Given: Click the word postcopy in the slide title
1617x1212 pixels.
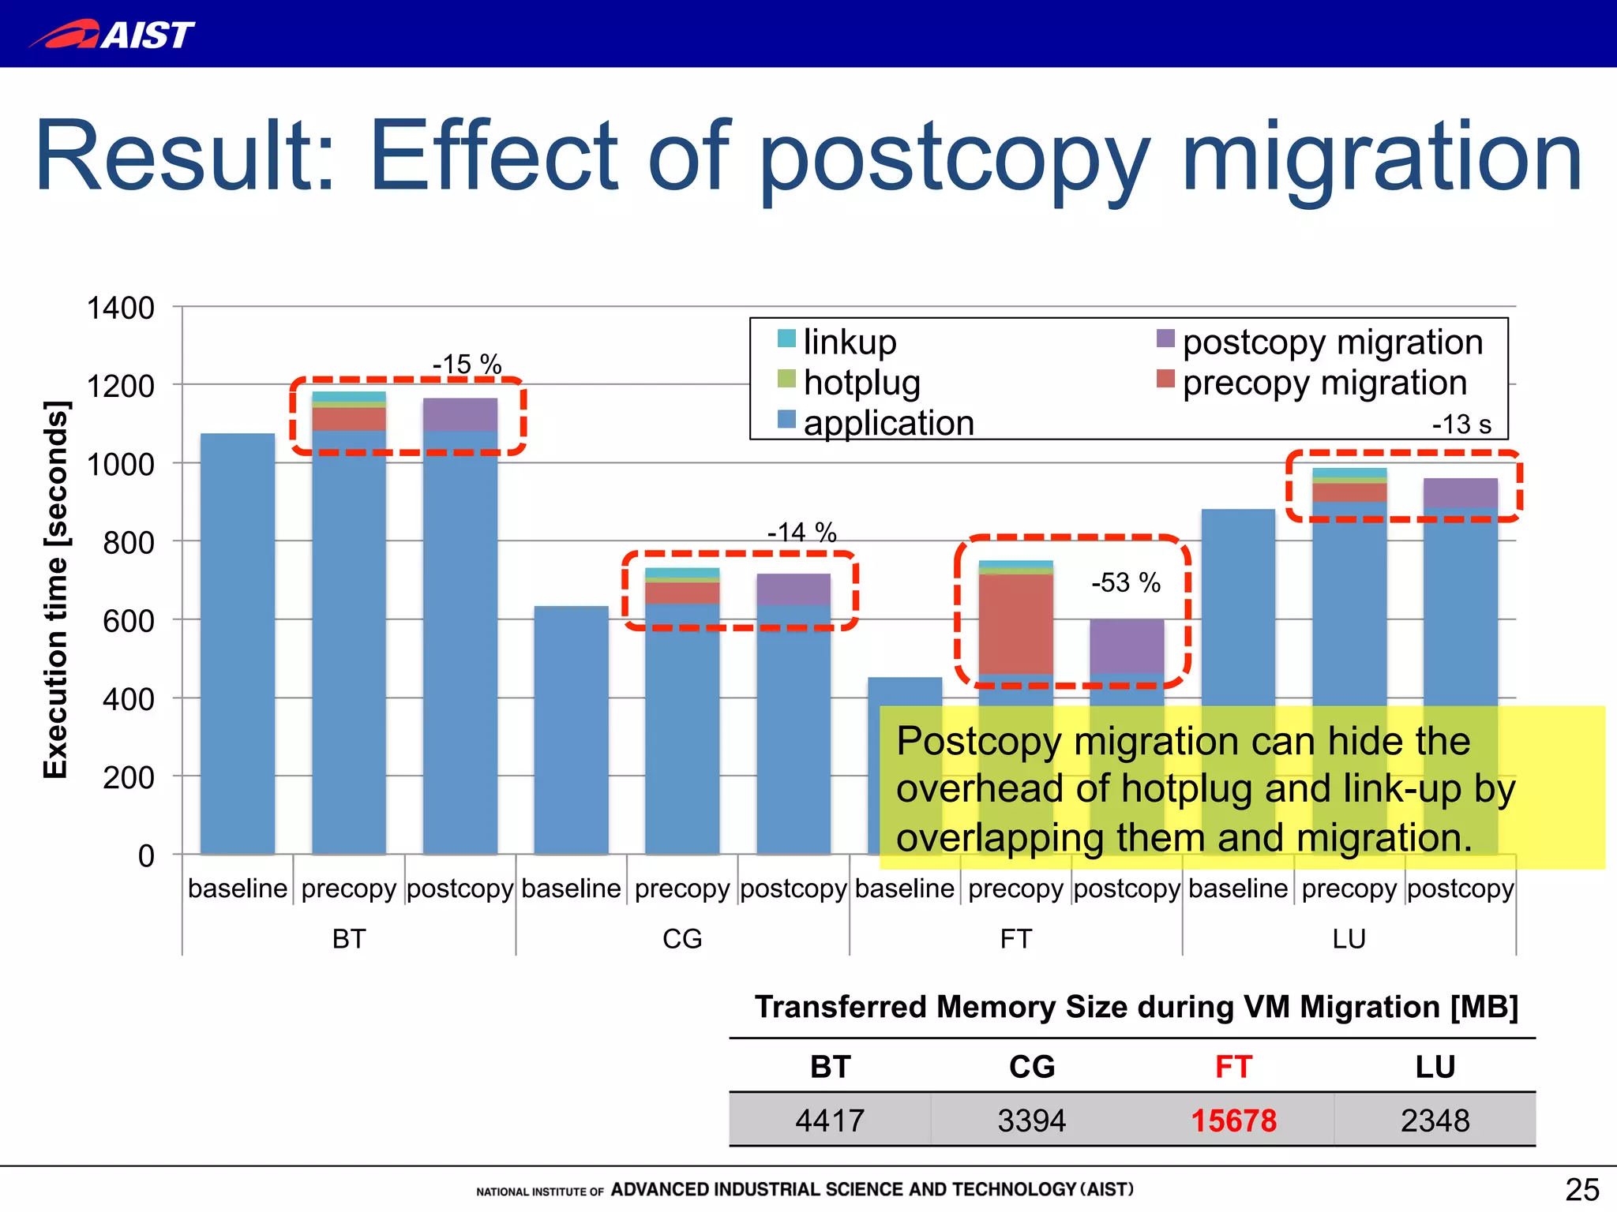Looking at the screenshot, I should [x=954, y=158].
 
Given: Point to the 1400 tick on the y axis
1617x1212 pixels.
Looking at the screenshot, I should [x=120, y=308].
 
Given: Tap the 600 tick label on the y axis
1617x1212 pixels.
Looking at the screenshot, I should [x=128, y=621].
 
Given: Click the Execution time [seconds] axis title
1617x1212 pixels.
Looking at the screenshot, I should [x=56, y=589].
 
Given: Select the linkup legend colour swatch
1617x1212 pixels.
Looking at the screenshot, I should [x=786, y=339].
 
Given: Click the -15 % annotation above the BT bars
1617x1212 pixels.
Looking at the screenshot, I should [x=467, y=364].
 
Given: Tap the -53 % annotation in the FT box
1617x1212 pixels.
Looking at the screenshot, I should [x=1125, y=582].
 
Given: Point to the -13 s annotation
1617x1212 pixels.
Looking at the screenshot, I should [x=1461, y=425].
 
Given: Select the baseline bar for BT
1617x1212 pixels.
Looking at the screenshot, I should [x=238, y=643].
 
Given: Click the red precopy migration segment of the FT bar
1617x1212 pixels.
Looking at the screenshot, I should [x=1015, y=623].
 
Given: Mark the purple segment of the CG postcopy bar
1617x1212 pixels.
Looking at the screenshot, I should [x=793, y=589].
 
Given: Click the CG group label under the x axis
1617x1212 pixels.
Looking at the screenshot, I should [x=682, y=938].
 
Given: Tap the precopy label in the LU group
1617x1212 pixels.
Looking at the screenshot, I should [x=1349, y=888].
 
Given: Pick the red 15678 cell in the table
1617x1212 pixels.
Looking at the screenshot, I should [x=1233, y=1120].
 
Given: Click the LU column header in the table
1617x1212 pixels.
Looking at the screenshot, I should [x=1435, y=1067].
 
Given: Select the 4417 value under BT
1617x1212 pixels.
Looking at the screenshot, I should [x=830, y=1120].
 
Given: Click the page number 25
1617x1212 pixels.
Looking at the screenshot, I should [x=1581, y=1189].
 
